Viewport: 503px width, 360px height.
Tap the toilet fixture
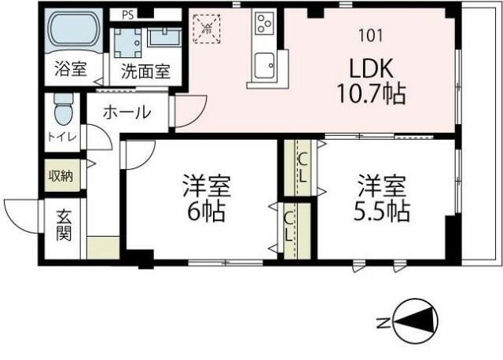[x=62, y=112]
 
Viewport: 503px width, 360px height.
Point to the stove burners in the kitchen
[x=263, y=24]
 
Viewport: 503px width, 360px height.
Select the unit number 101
[x=369, y=35]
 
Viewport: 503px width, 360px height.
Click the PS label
[x=127, y=14]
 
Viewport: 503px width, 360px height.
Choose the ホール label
[x=126, y=112]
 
